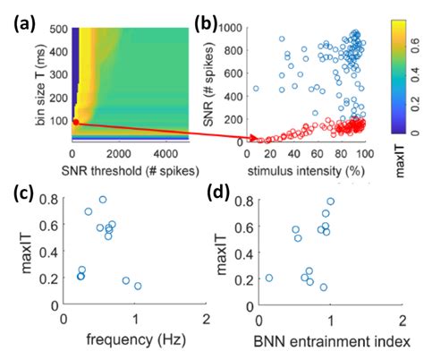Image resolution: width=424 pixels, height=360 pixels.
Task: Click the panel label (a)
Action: pos(19,16)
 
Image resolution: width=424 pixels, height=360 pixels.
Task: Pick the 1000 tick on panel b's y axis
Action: pos(234,28)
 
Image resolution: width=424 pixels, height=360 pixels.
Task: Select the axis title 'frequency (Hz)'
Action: pos(134,341)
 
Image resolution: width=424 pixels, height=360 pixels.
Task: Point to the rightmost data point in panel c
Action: pos(138,286)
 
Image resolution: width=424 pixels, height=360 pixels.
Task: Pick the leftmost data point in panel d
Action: pos(269,278)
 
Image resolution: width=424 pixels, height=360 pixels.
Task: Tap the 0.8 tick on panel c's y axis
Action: pos(52,199)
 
